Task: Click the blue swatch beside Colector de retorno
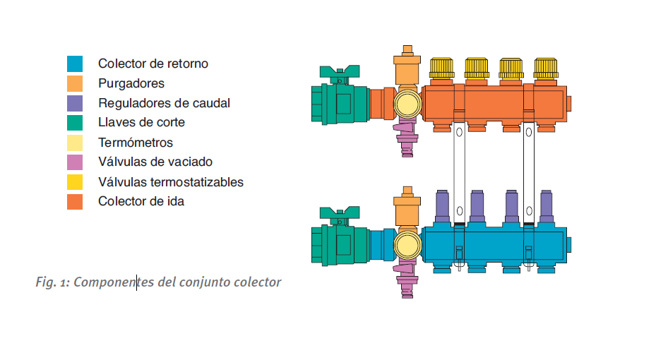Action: tap(75, 64)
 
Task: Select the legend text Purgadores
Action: tap(131, 83)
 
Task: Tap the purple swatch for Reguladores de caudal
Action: tap(75, 103)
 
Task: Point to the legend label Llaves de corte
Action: tap(141, 123)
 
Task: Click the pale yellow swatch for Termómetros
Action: tap(75, 143)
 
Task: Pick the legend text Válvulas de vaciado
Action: tap(155, 162)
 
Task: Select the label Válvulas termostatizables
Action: tap(171, 182)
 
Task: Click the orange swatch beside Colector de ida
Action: tap(75, 202)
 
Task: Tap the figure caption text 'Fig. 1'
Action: tap(52, 282)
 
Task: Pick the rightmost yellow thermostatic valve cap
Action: tap(546, 68)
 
